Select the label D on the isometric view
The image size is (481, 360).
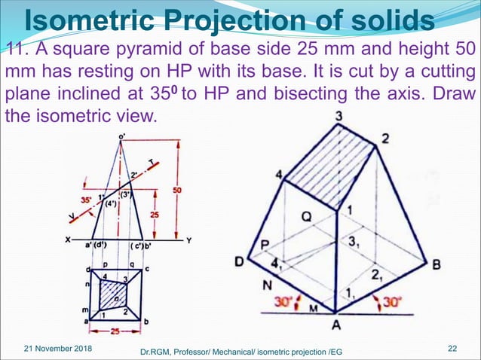coord(239,261)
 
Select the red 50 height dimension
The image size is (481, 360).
coord(177,191)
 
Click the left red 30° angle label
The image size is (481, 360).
coord(283,302)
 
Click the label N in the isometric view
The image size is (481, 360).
coord(265,285)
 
